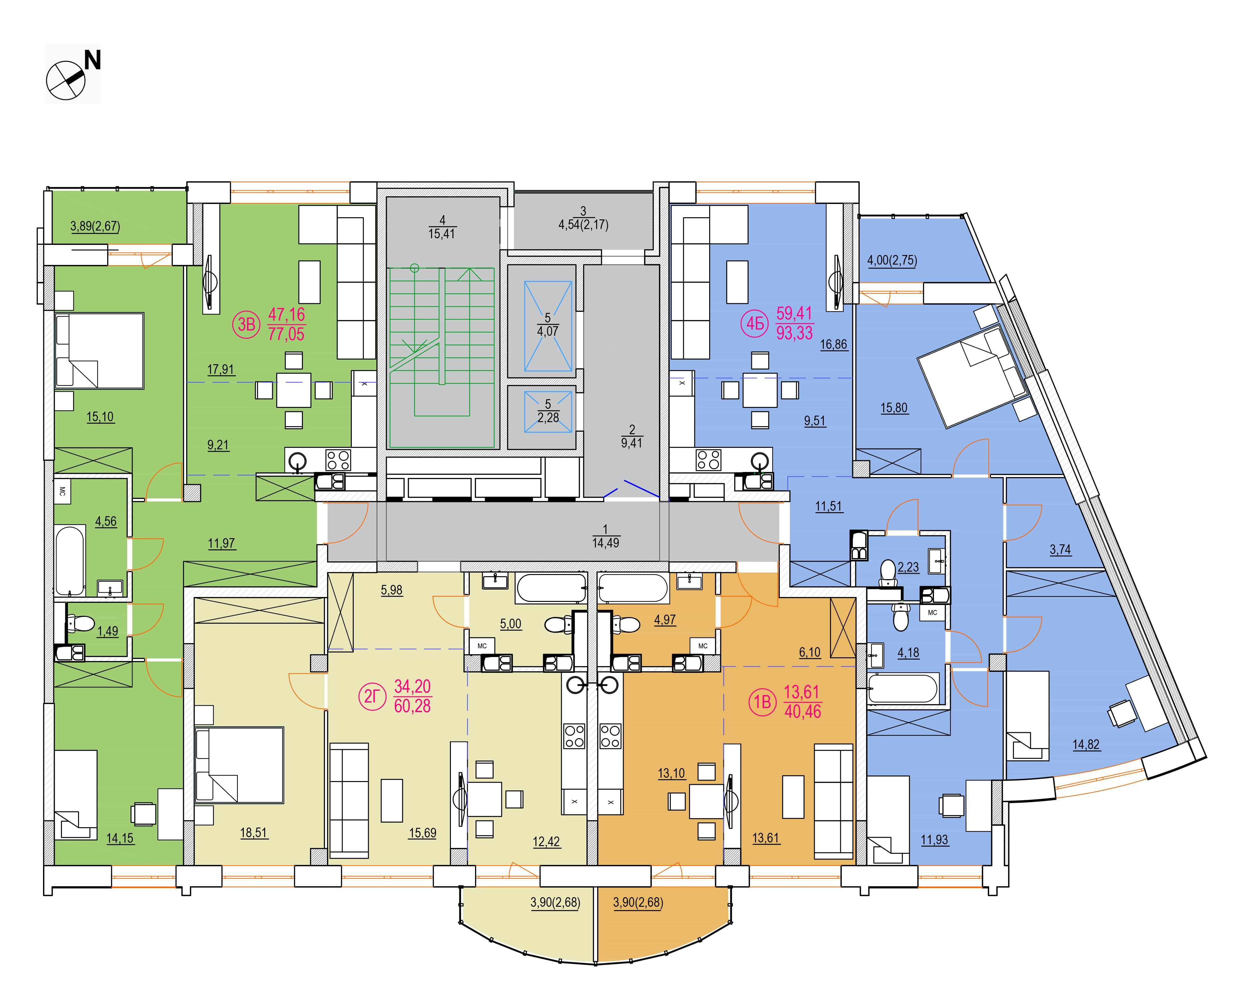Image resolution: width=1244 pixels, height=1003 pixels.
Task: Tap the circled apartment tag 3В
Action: click(247, 325)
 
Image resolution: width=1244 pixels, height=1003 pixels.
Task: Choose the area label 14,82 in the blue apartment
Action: click(1086, 745)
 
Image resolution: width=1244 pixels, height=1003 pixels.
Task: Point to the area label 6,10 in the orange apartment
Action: click(809, 652)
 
